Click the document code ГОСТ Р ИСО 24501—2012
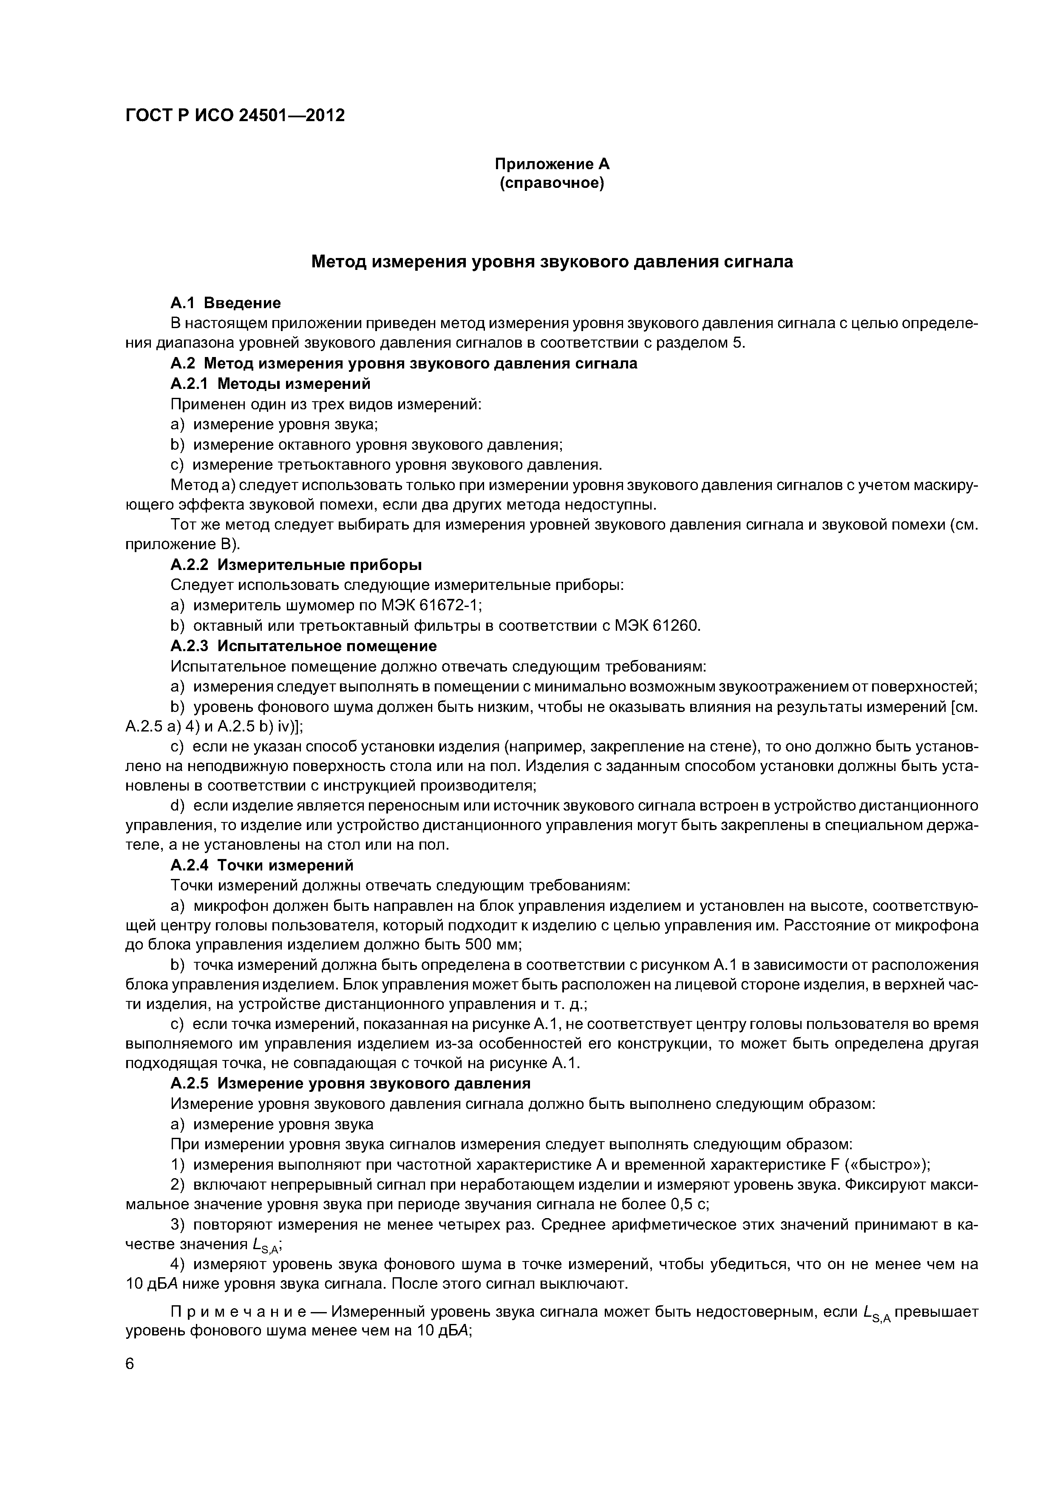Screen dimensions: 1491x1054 (235, 116)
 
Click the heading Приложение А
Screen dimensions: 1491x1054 (552, 164)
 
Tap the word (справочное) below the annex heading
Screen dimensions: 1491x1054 (552, 184)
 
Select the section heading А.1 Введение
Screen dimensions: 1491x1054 (225, 303)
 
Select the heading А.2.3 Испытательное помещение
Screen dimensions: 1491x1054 (303, 646)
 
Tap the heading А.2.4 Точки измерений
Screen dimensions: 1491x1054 (262, 866)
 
